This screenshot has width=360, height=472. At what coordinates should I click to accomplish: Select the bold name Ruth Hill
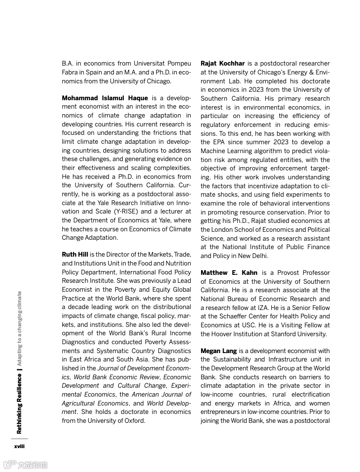coord(75,255)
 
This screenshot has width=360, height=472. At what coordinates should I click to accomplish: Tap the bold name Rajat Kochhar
coord(223,63)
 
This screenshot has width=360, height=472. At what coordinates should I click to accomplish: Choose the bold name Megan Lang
coord(219,351)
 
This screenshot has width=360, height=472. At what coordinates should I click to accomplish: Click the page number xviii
coord(19,446)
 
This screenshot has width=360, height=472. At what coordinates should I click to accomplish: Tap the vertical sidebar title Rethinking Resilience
coord(19,403)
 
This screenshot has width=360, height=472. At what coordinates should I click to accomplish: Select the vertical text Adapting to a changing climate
coord(19,328)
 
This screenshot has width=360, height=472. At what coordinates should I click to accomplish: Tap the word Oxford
coord(134,420)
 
